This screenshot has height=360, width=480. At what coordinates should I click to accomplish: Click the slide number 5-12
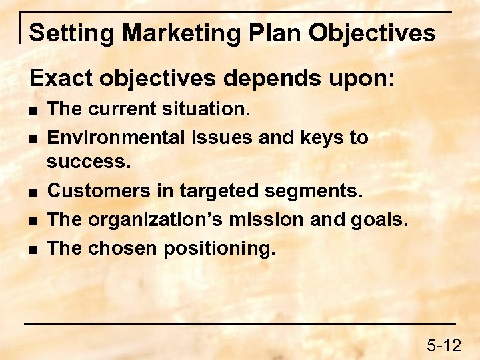click(x=444, y=345)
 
